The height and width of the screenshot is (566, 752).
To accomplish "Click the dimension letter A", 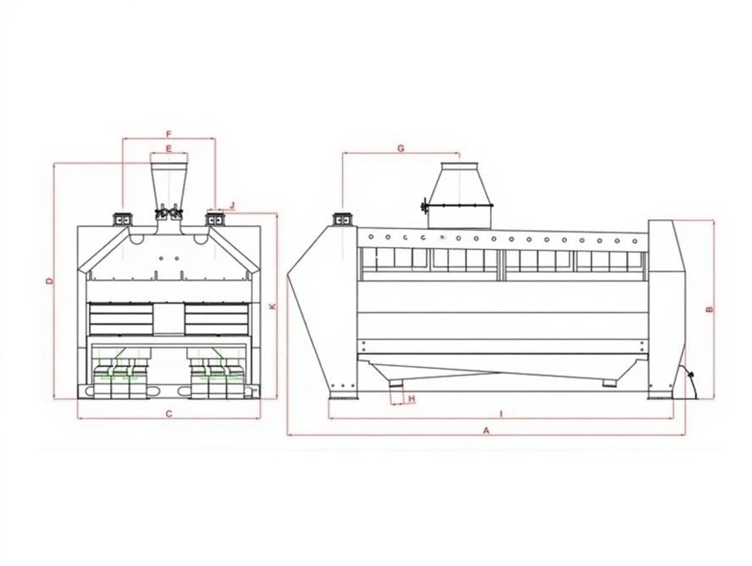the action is (486, 430).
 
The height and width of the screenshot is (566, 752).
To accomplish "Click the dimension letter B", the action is (710, 309).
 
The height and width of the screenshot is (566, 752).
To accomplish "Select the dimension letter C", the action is (169, 414).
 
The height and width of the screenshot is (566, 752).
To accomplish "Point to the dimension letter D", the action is (49, 280).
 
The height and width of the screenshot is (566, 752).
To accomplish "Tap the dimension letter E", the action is (168, 149).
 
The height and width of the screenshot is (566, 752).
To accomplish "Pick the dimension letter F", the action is (168, 133).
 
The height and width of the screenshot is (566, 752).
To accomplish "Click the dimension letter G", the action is (401, 149).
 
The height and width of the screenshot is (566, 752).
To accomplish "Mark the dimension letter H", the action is (411, 398).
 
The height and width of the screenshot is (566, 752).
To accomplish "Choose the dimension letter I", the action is (501, 414).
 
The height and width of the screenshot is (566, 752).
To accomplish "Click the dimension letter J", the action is (232, 206).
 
